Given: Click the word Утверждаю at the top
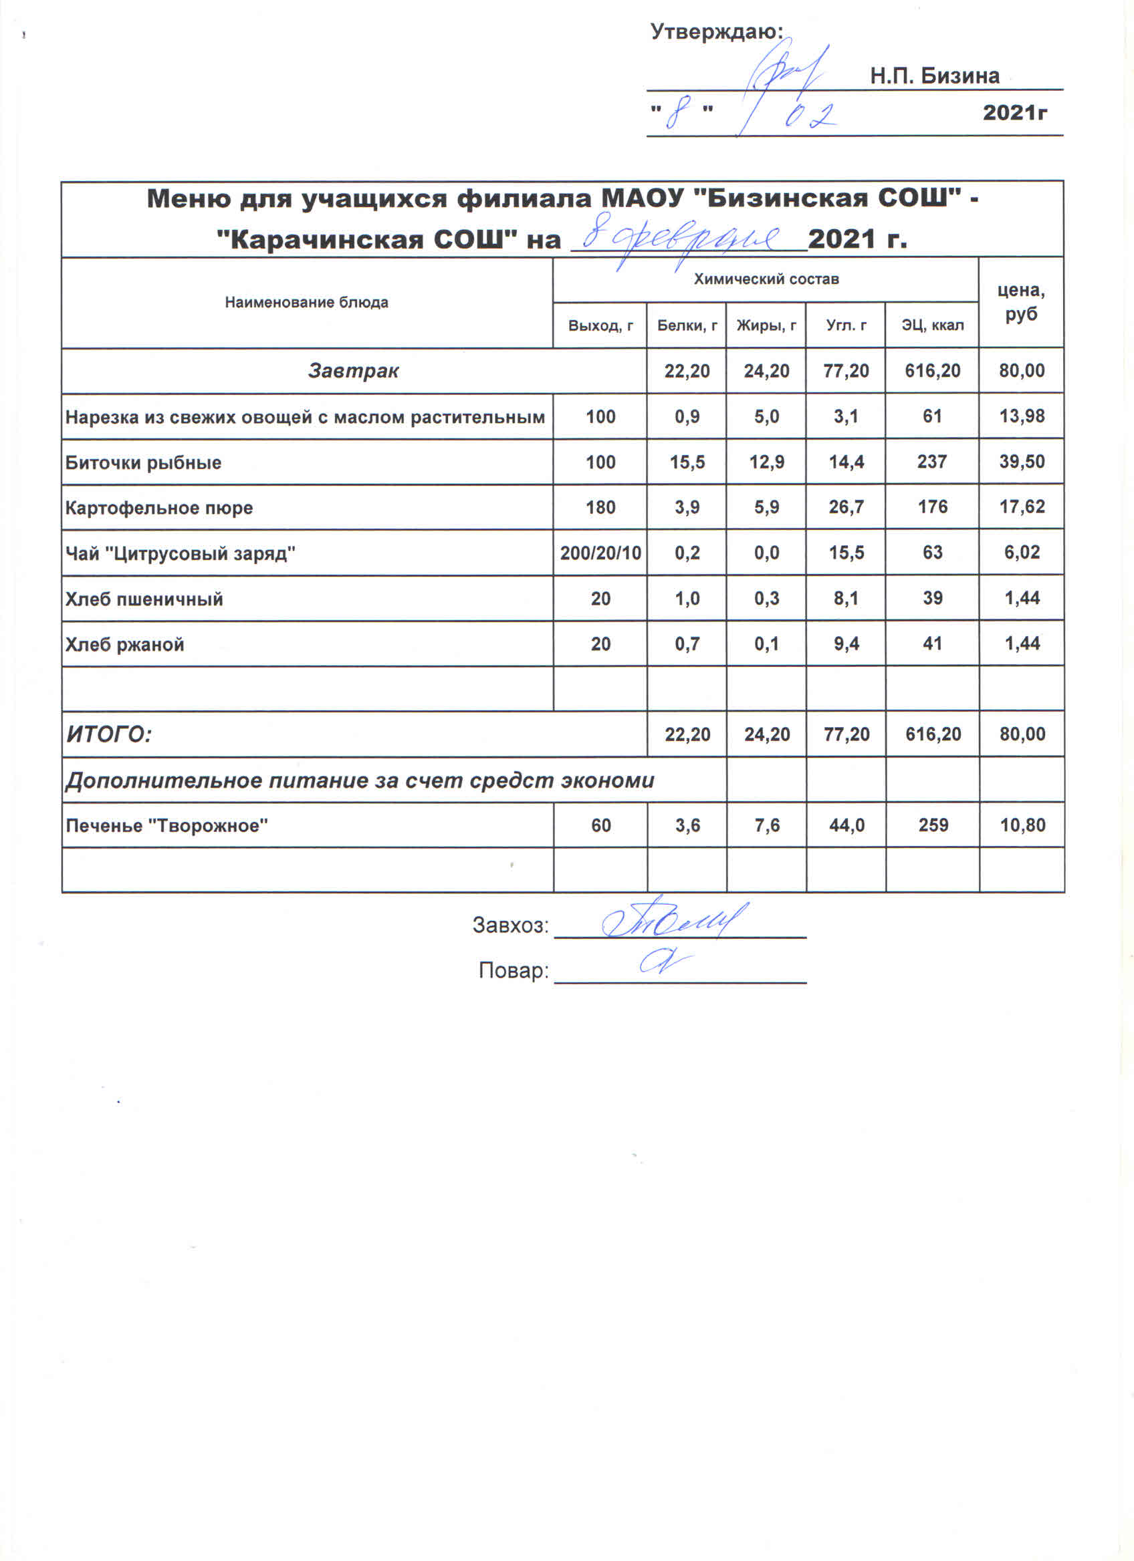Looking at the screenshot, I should (716, 31).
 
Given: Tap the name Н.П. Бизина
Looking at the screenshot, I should (934, 76).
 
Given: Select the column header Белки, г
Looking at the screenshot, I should (687, 325).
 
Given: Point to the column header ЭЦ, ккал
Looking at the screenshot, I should (932, 325).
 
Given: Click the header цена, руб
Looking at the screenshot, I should (1021, 302).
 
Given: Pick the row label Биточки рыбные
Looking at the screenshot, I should (143, 462).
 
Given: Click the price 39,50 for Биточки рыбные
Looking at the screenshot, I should (1022, 462).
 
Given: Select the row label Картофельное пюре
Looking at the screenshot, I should (159, 508).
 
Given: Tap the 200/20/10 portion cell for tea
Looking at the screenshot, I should (600, 553).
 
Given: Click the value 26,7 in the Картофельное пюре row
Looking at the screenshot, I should (846, 507).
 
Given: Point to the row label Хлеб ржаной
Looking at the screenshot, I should (124, 644).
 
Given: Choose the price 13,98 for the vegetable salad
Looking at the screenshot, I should (1022, 416).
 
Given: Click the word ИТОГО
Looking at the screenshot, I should (109, 735).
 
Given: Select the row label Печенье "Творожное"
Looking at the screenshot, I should (166, 825).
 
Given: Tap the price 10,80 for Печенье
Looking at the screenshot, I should (1022, 825).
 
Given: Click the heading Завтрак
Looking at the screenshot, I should (353, 371).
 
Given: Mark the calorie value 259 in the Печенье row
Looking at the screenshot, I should (933, 825).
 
